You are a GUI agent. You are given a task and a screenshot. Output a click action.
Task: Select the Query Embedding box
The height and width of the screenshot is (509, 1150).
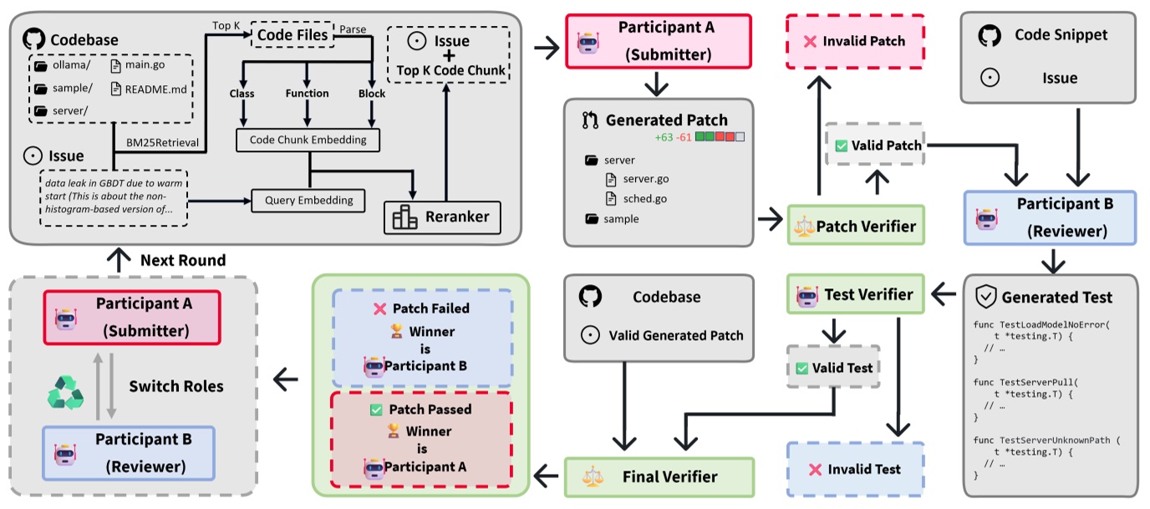pyautogui.click(x=308, y=200)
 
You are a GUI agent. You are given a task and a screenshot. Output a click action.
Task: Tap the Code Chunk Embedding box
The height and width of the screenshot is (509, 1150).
pyautogui.click(x=308, y=140)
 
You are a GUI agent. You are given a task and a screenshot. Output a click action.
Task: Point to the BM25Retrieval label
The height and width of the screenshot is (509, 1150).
pyautogui.click(x=162, y=143)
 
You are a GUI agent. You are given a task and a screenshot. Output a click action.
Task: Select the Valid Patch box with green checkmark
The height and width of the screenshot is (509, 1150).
pyautogui.click(x=873, y=145)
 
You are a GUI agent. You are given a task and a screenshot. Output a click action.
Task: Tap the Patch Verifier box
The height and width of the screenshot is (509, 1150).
pyautogui.click(x=856, y=226)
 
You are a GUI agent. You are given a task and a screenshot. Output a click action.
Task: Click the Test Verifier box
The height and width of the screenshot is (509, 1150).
pyautogui.click(x=856, y=294)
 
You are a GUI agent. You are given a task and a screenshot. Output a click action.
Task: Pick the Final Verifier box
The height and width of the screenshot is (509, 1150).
pyautogui.click(x=659, y=476)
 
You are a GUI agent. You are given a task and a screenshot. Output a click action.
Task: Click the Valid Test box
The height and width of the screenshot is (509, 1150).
pyautogui.click(x=832, y=368)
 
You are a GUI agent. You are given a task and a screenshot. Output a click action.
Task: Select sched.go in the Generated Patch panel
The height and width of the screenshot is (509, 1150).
pyautogui.click(x=644, y=199)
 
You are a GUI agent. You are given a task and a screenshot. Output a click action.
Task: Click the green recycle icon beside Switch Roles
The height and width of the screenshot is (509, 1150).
pyautogui.click(x=64, y=389)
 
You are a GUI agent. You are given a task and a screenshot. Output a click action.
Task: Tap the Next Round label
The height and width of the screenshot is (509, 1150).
pyautogui.click(x=182, y=260)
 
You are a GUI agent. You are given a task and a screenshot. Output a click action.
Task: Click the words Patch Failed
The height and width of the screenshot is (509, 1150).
pyautogui.click(x=430, y=308)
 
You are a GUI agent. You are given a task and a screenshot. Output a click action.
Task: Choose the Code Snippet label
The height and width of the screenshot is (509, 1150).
pyautogui.click(x=1061, y=35)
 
